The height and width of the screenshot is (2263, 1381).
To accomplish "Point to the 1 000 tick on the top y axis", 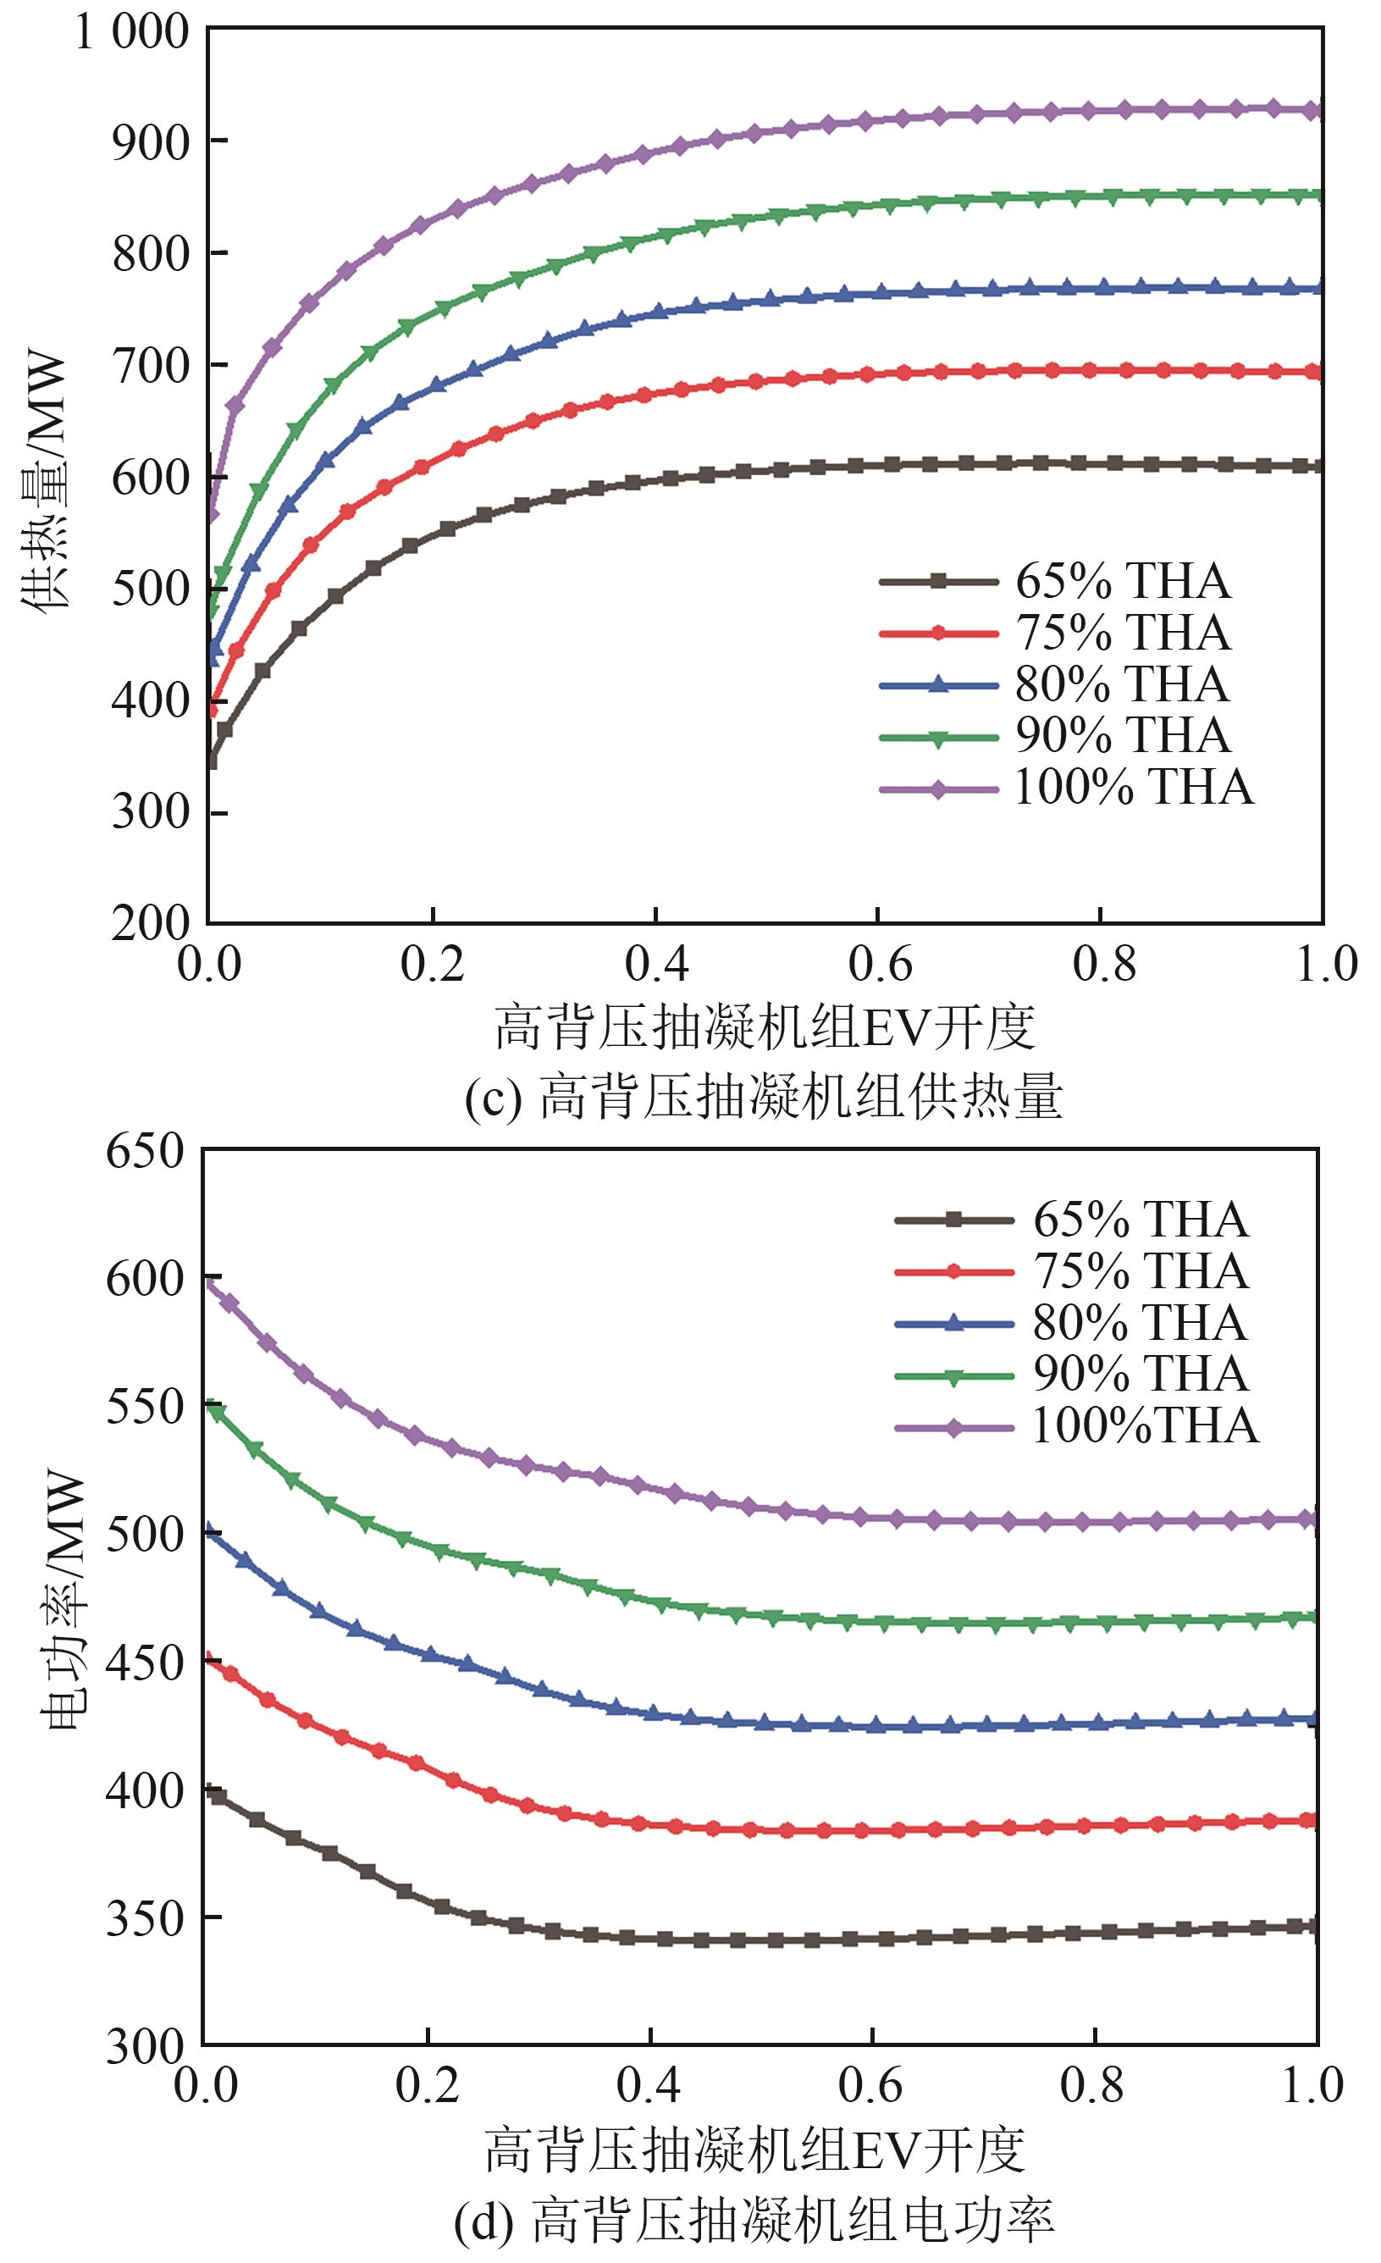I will pos(131,33).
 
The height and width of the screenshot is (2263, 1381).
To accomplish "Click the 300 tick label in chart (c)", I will pos(150,812).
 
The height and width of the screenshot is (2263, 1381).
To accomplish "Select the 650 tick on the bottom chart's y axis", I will pos(145,1151).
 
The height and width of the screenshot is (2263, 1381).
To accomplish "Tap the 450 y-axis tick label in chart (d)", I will pos(145,1663).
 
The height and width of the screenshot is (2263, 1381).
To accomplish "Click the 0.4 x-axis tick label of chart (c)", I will pos(655,965).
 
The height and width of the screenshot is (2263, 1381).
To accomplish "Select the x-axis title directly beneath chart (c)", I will pos(765,1027).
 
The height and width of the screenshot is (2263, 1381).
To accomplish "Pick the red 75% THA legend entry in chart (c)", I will pos(1056,633).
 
